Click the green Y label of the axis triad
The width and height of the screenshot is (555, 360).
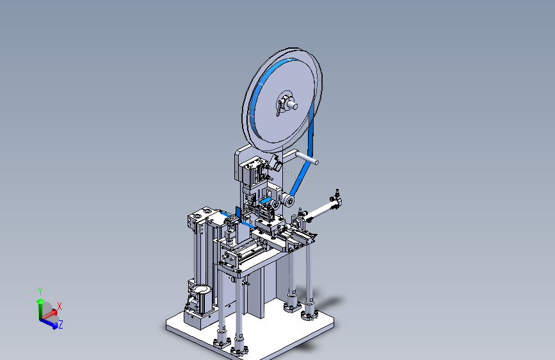click(x=40, y=291)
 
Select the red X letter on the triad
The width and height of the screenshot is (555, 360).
click(x=60, y=306)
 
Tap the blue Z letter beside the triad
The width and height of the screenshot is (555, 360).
click(x=61, y=324)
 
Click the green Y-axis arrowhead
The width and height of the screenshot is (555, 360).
click(x=40, y=302)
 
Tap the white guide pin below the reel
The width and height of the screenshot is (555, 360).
click(x=307, y=158)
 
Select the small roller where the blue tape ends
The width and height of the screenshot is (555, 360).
click(x=288, y=201)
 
